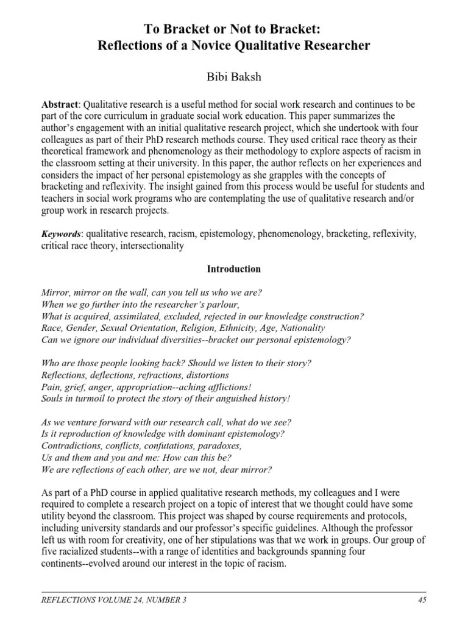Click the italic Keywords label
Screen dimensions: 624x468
click(61, 234)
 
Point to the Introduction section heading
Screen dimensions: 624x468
click(234, 269)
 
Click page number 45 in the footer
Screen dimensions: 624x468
click(422, 600)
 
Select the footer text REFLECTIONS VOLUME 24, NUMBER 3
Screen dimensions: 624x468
click(113, 600)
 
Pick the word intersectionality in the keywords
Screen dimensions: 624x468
click(150, 246)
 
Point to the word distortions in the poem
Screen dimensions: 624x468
click(205, 375)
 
